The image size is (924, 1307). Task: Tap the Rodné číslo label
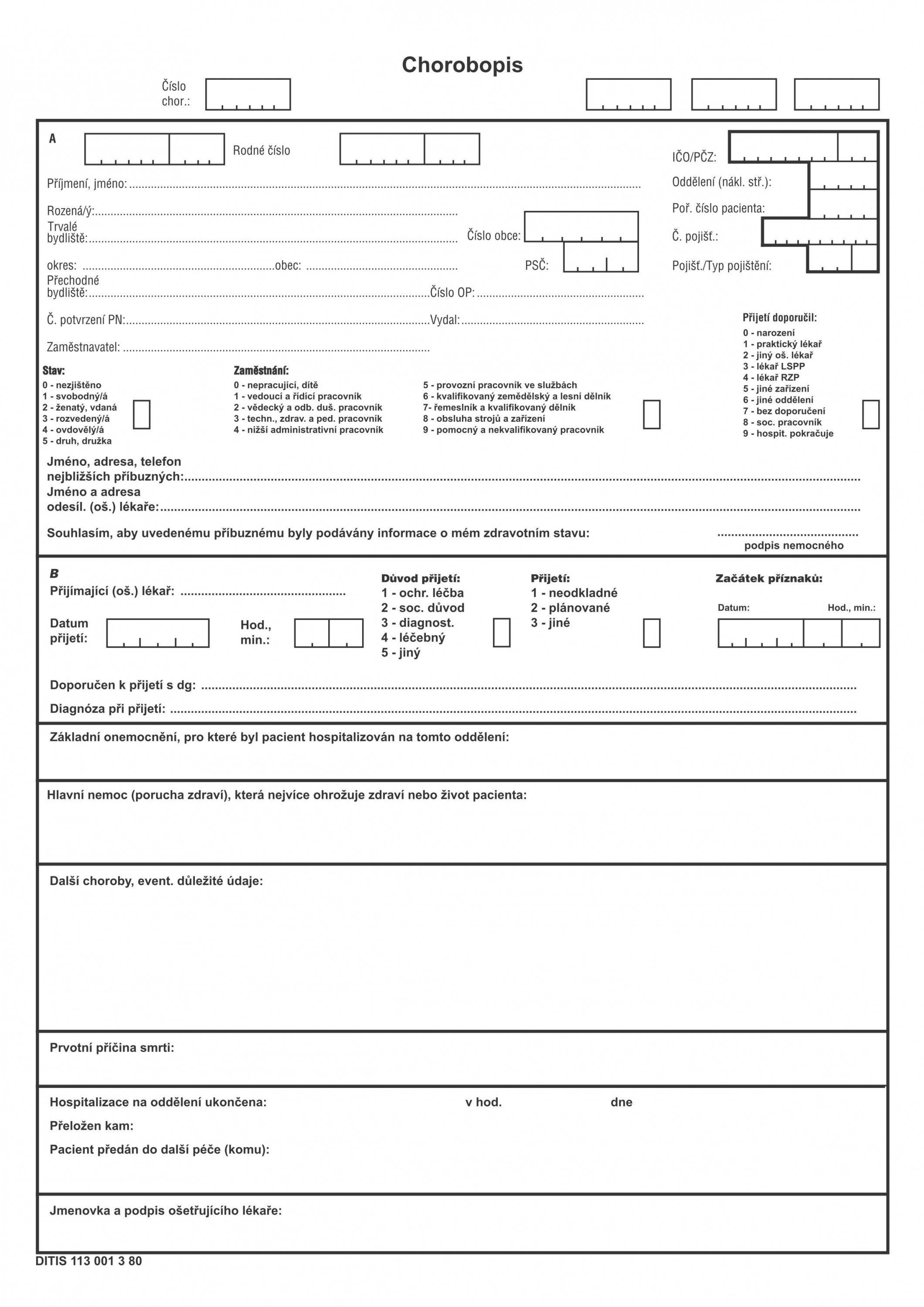(262, 150)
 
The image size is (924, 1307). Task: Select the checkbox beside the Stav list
(141, 414)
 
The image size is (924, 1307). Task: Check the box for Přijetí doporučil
(870, 414)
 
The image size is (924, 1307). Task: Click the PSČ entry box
(600, 257)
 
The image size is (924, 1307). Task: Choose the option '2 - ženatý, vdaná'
(79, 408)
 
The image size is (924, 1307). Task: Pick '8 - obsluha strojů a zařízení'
(483, 418)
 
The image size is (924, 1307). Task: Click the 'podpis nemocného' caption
(794, 546)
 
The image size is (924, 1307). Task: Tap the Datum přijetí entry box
(158, 633)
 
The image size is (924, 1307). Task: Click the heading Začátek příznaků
(768, 579)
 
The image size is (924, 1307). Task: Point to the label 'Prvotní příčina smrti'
(112, 1048)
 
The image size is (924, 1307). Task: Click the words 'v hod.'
(483, 1103)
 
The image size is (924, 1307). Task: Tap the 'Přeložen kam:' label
(92, 1126)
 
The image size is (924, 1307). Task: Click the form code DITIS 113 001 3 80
(89, 1261)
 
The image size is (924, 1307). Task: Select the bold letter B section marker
(54, 573)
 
